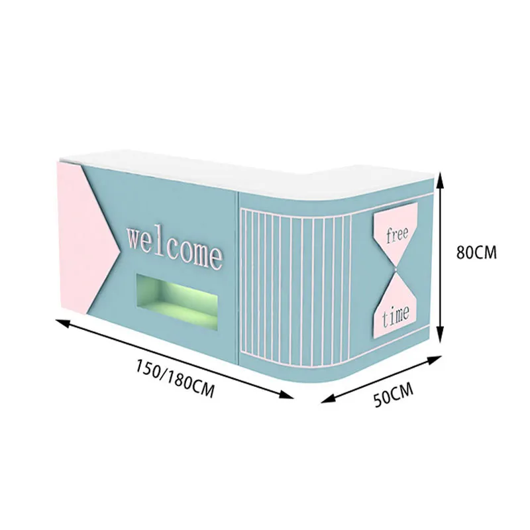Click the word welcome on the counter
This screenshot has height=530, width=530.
pyautogui.click(x=174, y=246)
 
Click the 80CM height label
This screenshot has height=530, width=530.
pyautogui.click(x=477, y=253)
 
